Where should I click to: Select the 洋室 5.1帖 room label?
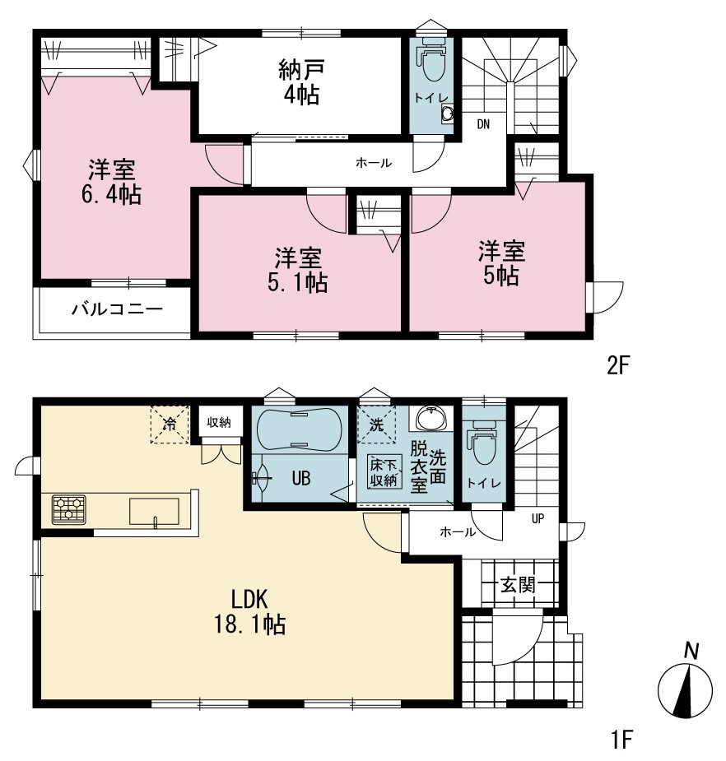(x=298, y=270)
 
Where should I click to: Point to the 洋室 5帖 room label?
(x=501, y=262)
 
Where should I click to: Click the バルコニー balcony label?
(x=117, y=309)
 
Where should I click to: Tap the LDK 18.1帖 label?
(x=249, y=612)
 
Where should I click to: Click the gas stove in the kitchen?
(x=69, y=509)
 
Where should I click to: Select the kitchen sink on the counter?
(x=154, y=512)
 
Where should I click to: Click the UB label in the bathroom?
(x=301, y=479)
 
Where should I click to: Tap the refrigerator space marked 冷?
(x=169, y=425)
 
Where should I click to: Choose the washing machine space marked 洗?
(x=376, y=425)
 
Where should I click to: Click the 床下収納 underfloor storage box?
(x=384, y=471)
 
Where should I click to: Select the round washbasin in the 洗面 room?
(x=431, y=419)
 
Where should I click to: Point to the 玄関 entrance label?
(x=518, y=585)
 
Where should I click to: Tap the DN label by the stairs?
(x=483, y=124)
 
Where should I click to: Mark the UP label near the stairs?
(x=538, y=519)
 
